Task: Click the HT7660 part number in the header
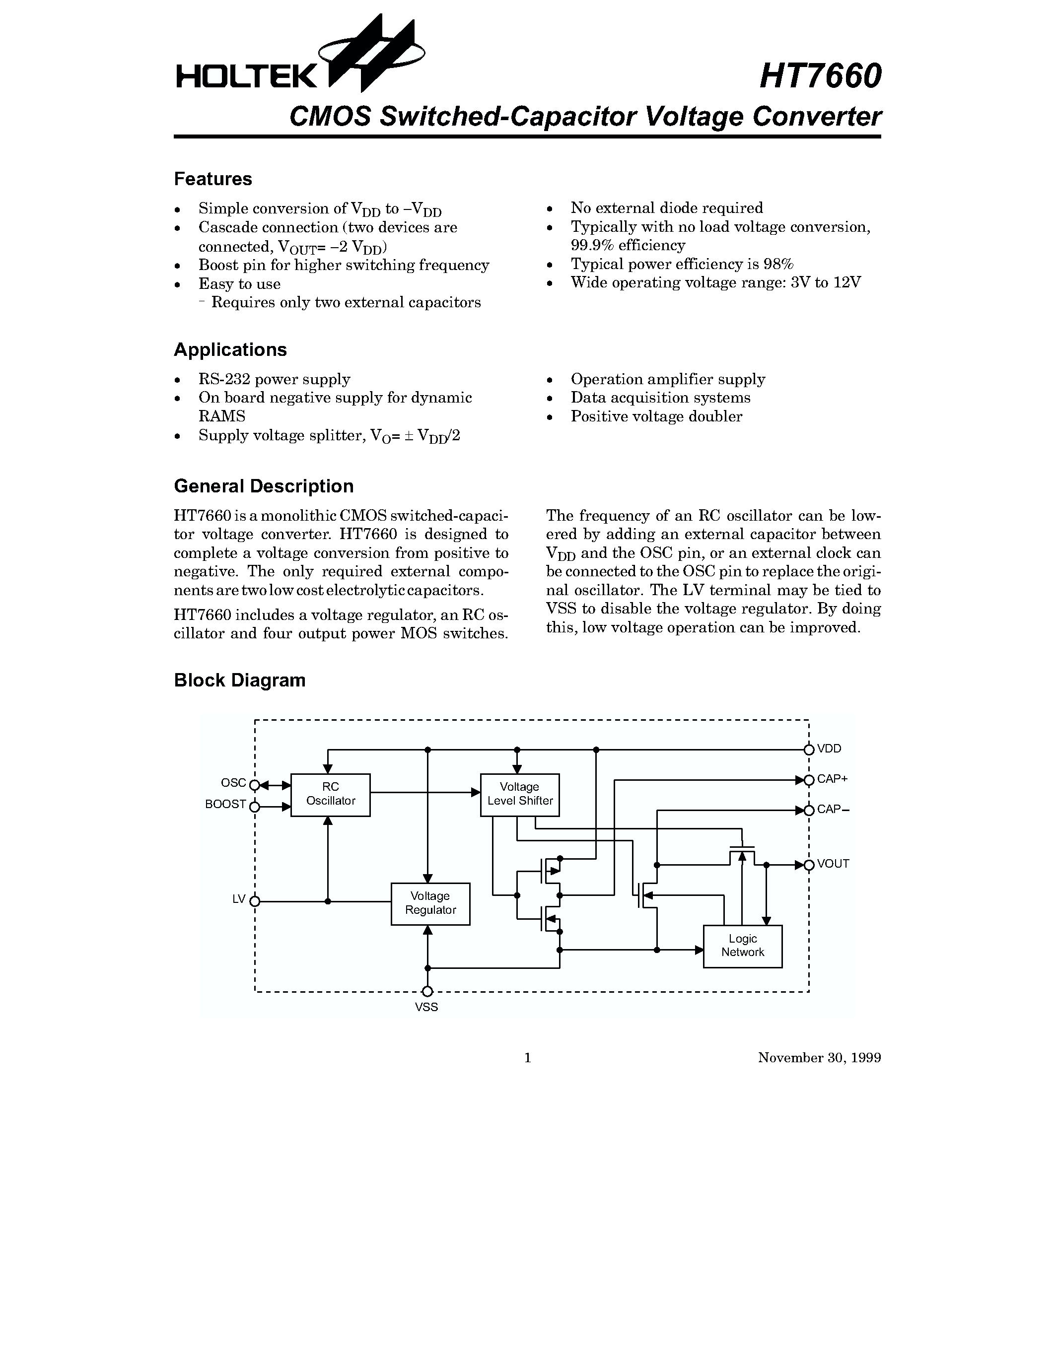[x=820, y=76]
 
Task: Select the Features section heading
[x=212, y=179]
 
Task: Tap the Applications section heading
[x=230, y=350]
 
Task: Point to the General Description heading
[x=263, y=486]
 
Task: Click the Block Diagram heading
[x=239, y=680]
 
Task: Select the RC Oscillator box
[x=331, y=794]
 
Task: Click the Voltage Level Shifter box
[x=519, y=794]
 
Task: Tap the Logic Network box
[x=743, y=946]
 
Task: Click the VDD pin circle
[x=809, y=750]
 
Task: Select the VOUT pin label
[x=833, y=864]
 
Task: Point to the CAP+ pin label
[x=832, y=779]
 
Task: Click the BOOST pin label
[x=225, y=805]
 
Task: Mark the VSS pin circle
[x=427, y=991]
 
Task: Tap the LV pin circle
[x=254, y=901]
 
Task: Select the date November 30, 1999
[x=819, y=1057]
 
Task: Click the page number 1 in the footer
[x=527, y=1057]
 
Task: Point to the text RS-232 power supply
[x=275, y=379]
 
